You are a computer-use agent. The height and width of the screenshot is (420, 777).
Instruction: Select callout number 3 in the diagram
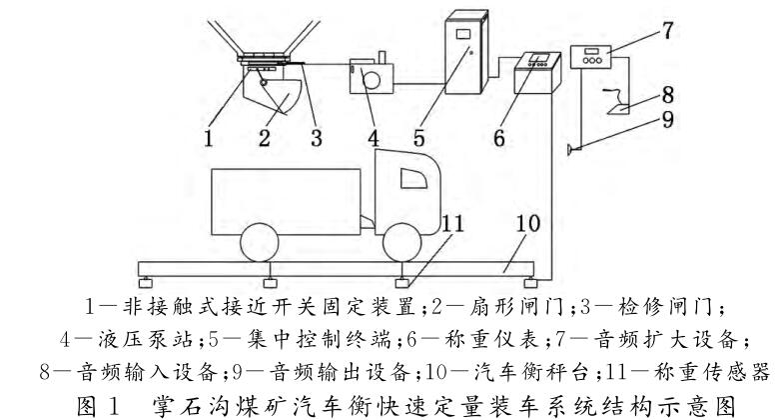pyautogui.click(x=316, y=137)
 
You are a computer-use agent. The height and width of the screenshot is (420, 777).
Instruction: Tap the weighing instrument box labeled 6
pyautogui.click(x=534, y=74)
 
